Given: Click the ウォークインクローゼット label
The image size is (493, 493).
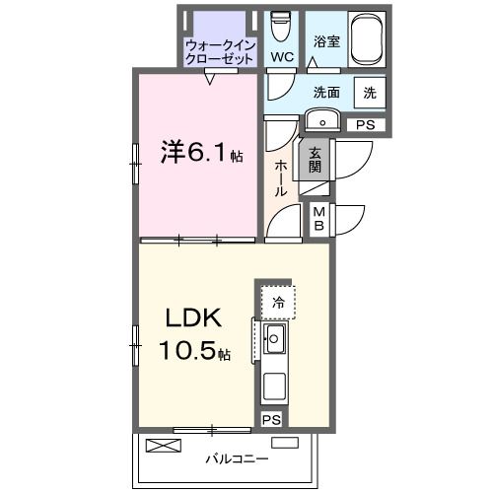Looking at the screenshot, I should tap(220, 51).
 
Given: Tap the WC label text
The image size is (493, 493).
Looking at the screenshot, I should tap(281, 57).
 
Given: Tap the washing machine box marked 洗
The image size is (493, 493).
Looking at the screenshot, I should tap(369, 93).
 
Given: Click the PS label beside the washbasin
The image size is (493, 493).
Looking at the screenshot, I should tap(365, 125).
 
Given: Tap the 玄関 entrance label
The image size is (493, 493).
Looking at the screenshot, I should tap(315, 160).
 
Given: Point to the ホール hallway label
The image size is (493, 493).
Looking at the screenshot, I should tap(282, 177).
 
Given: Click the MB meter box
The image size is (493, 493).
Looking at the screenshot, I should tap(319, 219).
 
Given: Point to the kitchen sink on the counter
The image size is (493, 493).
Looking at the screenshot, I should tap(274, 341).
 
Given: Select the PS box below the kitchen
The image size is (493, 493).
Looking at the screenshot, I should tap(272, 420).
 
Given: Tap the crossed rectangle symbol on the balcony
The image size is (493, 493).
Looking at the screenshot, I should tap(164, 446).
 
